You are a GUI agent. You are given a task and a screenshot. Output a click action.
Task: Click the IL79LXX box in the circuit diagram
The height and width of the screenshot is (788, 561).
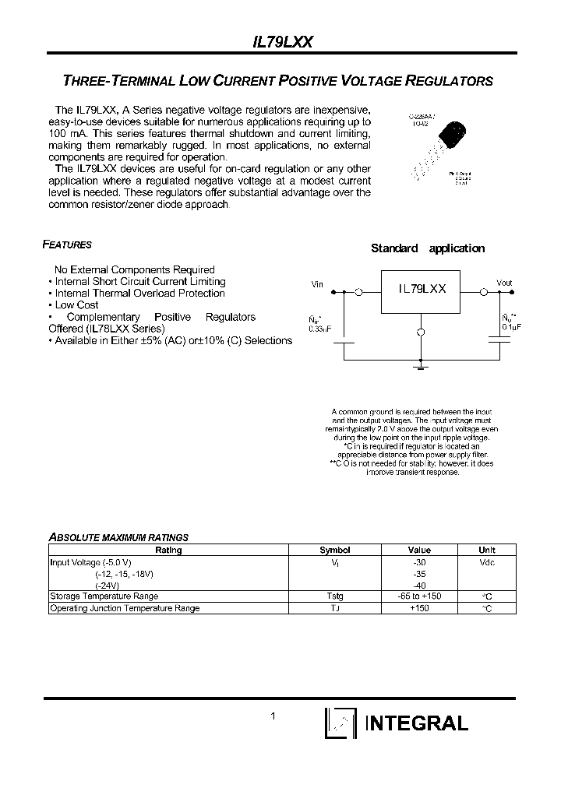tap(422, 289)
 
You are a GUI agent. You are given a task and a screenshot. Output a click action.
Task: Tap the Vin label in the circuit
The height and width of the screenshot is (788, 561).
tap(317, 284)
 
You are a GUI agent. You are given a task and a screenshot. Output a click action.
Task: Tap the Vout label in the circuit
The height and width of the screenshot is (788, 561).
tap(505, 283)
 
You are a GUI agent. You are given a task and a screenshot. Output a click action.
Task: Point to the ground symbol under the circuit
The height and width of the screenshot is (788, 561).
tap(422, 364)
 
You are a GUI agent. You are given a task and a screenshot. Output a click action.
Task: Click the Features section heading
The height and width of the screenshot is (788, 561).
tap(67, 244)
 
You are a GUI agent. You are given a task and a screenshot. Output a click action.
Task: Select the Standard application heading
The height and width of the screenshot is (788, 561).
tap(427, 248)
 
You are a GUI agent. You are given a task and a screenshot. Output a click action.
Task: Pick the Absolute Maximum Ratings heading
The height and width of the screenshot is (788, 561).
tap(118, 537)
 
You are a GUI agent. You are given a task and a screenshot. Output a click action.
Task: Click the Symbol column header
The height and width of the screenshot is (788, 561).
tap(335, 550)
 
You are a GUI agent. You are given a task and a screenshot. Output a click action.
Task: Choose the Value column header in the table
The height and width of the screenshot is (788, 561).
tap(419, 550)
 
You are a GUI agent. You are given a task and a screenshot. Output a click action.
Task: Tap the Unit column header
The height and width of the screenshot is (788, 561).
tap(486, 550)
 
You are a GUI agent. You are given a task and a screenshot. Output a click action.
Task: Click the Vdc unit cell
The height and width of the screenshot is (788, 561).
tap(486, 562)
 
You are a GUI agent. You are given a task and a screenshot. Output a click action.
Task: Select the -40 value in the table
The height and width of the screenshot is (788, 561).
tap(419, 585)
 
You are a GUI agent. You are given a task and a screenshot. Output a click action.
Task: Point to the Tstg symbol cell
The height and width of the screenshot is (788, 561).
tap(335, 596)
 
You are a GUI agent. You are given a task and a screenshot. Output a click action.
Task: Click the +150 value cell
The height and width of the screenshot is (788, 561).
tap(419, 608)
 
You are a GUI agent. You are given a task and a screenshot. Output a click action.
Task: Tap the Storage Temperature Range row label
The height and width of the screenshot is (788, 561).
tap(104, 596)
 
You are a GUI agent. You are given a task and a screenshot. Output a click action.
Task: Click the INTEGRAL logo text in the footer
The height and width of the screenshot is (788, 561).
tap(417, 723)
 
